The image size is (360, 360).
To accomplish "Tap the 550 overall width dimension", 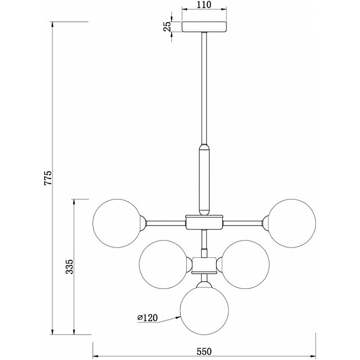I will pos(204,351).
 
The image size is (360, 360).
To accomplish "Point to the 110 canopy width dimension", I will pos(204,6).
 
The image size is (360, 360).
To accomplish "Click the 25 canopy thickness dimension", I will pos(167,26).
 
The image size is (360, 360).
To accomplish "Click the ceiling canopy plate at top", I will pos(204,26).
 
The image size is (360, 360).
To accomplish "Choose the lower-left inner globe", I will pos(162,264).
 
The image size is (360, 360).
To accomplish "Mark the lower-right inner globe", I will pos(246,264).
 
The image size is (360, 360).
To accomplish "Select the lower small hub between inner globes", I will pos(204,264).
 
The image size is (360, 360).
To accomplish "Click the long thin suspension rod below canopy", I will pos(204,86).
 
